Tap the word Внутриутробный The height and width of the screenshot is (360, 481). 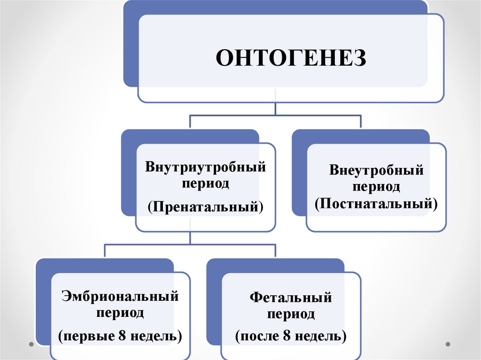(x=205, y=167)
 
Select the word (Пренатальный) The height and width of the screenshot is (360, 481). (x=205, y=207)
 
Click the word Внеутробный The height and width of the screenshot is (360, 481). (x=376, y=170)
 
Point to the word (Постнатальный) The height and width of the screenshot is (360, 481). (x=376, y=204)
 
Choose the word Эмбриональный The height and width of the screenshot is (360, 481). (x=120, y=297)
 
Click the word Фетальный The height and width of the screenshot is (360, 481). (x=291, y=298)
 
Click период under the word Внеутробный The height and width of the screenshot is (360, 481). (x=376, y=187)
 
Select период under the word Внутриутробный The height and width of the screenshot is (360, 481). (x=205, y=183)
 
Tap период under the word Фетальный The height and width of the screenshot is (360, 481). (x=291, y=314)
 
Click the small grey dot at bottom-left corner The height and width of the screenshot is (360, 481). (x=31, y=344)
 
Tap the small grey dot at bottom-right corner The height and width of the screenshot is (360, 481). (x=450, y=344)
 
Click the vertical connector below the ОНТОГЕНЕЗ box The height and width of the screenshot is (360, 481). (x=275, y=108)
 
